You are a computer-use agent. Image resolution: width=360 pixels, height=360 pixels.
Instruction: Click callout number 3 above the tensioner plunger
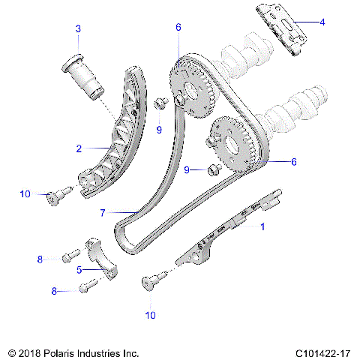77,29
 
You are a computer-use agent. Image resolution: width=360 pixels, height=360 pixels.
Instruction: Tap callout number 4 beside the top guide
322,22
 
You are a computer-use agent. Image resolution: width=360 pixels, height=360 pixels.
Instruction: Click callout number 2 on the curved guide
79,148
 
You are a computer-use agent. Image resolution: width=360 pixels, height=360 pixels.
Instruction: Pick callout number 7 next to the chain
103,213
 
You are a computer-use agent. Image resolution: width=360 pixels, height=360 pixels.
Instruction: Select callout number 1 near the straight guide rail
262,225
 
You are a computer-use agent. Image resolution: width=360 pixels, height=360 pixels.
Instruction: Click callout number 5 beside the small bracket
79,270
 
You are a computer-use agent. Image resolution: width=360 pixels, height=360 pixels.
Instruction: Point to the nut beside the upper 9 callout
160,103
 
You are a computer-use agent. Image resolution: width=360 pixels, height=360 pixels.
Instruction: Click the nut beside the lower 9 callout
212,170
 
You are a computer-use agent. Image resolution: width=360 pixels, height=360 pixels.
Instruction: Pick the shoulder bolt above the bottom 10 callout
151,283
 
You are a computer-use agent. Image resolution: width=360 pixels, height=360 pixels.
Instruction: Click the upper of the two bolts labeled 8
69,258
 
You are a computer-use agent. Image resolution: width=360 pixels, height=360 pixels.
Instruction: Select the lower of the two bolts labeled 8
86,285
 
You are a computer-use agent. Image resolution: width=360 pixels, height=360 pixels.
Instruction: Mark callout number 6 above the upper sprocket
178,27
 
